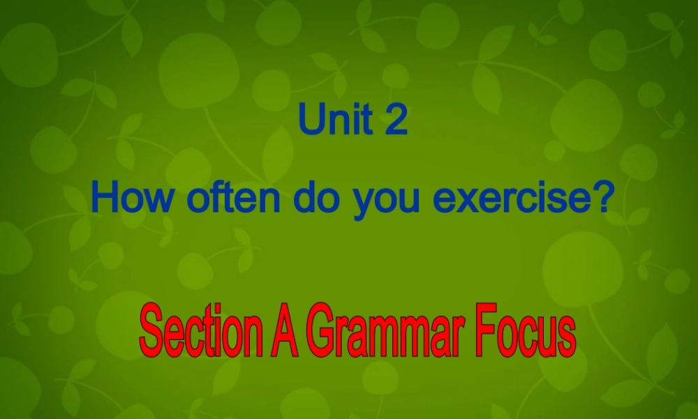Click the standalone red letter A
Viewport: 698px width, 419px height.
point(281,333)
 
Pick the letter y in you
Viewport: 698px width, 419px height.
point(362,203)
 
